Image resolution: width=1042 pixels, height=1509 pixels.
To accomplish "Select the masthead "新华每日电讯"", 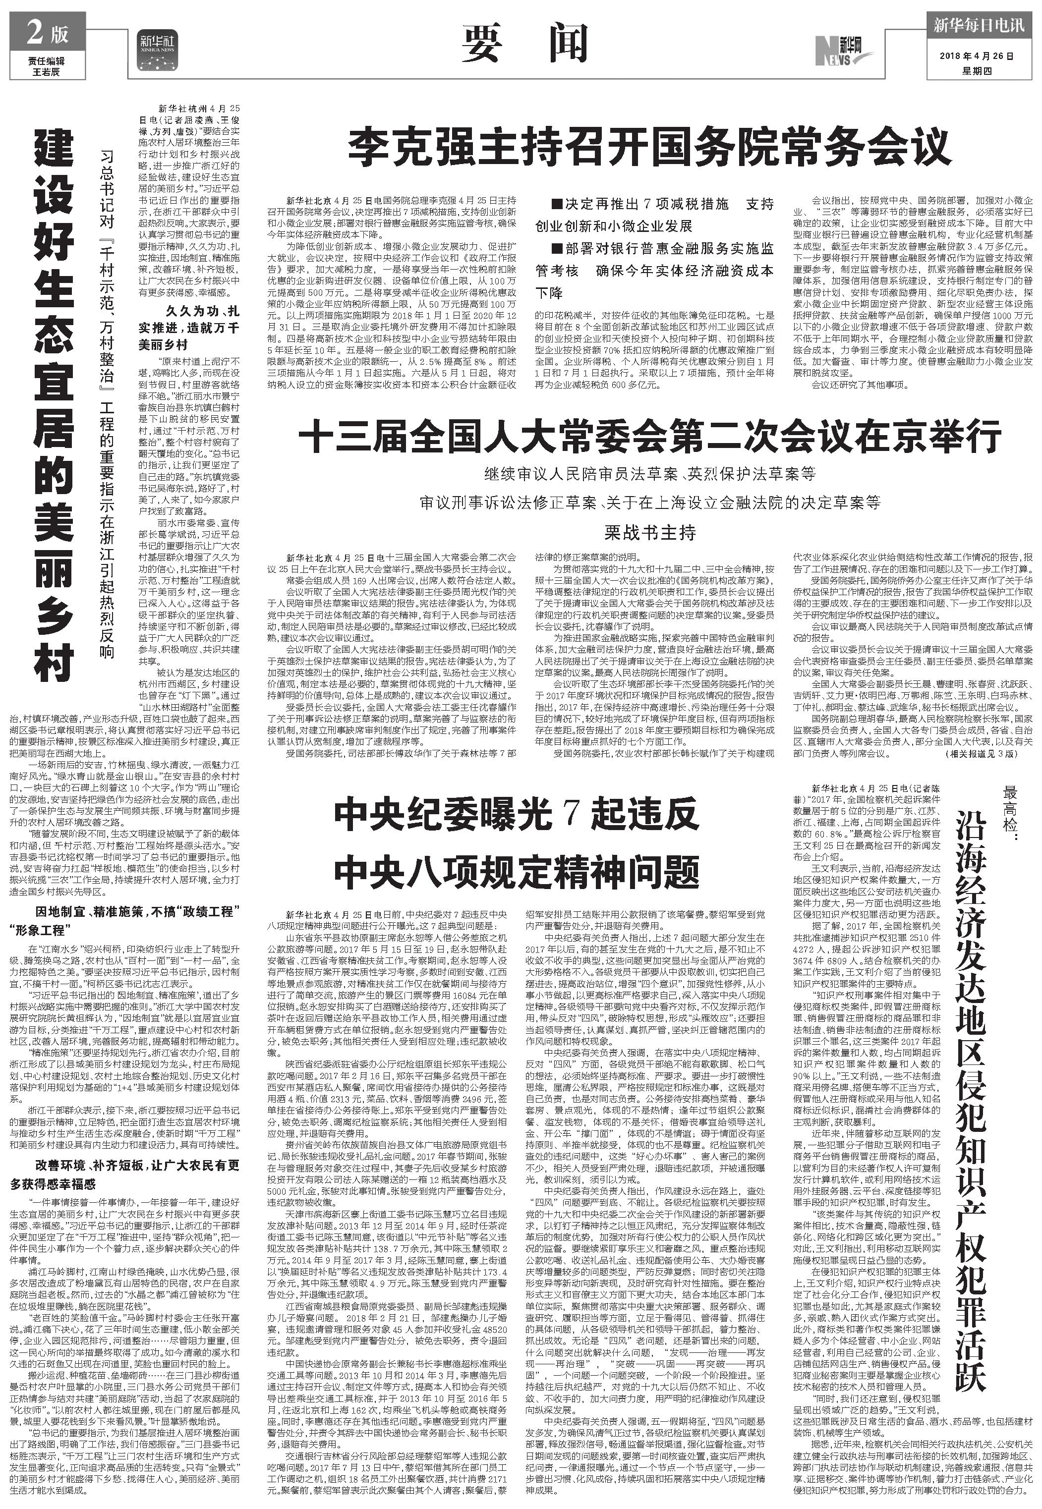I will tap(978, 25).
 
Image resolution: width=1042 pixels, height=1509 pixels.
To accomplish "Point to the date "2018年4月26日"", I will tap(978, 57).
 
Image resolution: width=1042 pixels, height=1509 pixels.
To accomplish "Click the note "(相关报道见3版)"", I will tap(980, 754).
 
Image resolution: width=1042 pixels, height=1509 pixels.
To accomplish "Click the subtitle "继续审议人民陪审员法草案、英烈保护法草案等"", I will tap(649, 474).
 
